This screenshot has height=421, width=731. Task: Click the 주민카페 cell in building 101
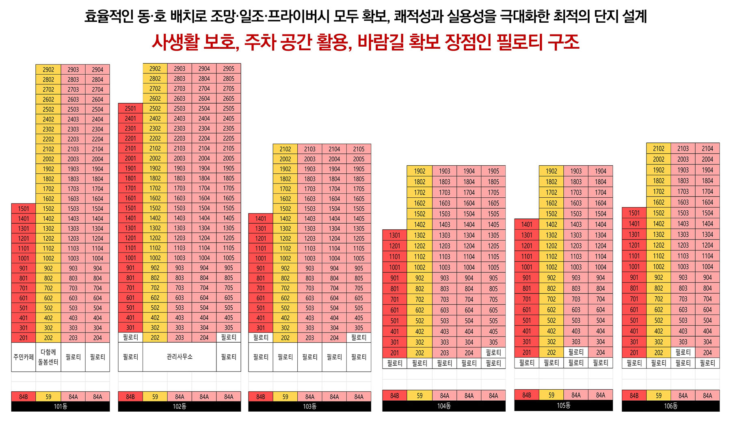point(24,357)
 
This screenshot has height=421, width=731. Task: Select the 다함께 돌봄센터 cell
point(48,357)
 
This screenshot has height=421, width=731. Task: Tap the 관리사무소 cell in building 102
point(180,357)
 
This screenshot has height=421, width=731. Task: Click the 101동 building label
point(61,406)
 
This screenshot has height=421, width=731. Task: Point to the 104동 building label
point(444,406)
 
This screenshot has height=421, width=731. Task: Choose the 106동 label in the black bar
point(670,406)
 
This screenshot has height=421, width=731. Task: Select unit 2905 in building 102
point(229,69)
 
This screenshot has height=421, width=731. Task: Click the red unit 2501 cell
point(130,108)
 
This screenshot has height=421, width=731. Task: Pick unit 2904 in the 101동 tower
point(97,69)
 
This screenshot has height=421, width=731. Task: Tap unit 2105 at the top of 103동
point(359,149)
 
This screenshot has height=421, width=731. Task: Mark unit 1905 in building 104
point(493,171)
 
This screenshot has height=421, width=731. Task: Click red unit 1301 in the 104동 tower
point(395,235)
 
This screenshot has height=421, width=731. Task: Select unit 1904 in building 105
point(600,171)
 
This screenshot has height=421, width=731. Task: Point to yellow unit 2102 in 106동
point(658,149)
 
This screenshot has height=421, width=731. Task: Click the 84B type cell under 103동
point(261,397)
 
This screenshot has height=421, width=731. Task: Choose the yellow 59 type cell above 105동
point(551,395)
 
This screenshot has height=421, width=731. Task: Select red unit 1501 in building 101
point(24,209)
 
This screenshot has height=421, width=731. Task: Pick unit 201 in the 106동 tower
point(634,352)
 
